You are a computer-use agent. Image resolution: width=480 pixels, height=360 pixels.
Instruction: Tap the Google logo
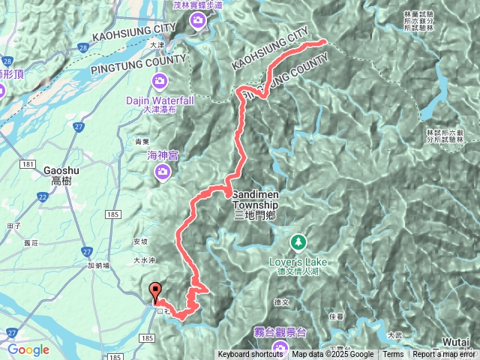click(x=28, y=349)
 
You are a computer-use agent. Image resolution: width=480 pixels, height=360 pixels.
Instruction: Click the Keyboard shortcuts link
click(x=250, y=355)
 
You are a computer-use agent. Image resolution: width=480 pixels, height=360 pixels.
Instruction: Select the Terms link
click(x=393, y=355)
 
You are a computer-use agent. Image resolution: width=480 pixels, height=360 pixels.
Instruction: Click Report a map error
click(x=445, y=355)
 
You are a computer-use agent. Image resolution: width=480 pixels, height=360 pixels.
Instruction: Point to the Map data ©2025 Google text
click(x=333, y=355)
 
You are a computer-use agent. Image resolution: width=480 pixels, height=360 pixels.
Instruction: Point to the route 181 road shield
click(x=28, y=163)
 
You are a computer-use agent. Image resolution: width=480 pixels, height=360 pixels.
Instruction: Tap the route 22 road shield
click(x=43, y=196)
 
